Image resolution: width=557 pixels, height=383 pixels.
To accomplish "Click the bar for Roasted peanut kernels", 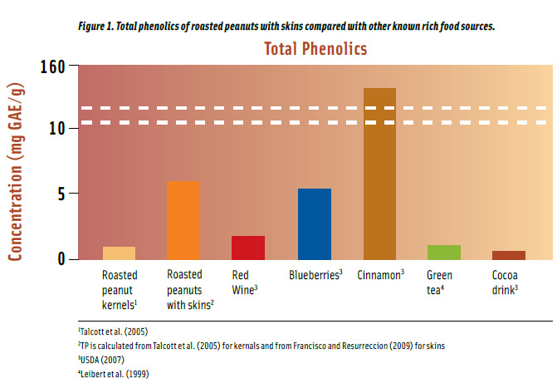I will click(x=119, y=253).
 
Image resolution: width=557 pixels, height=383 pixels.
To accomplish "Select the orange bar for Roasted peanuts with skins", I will click(x=183, y=220).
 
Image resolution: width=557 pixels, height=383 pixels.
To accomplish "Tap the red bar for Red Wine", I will click(x=248, y=248).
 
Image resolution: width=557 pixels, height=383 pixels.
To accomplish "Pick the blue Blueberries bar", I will click(x=314, y=223).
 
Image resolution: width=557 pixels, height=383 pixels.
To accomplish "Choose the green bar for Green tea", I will click(x=444, y=252).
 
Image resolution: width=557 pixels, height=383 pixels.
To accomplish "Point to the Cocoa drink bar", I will click(x=509, y=254).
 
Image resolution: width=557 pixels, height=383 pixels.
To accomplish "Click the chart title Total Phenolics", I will click(x=315, y=49).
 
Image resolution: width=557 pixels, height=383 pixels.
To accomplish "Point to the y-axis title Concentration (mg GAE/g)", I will click(x=15, y=171).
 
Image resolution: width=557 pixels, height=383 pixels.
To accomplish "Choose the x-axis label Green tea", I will click(x=441, y=280).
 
